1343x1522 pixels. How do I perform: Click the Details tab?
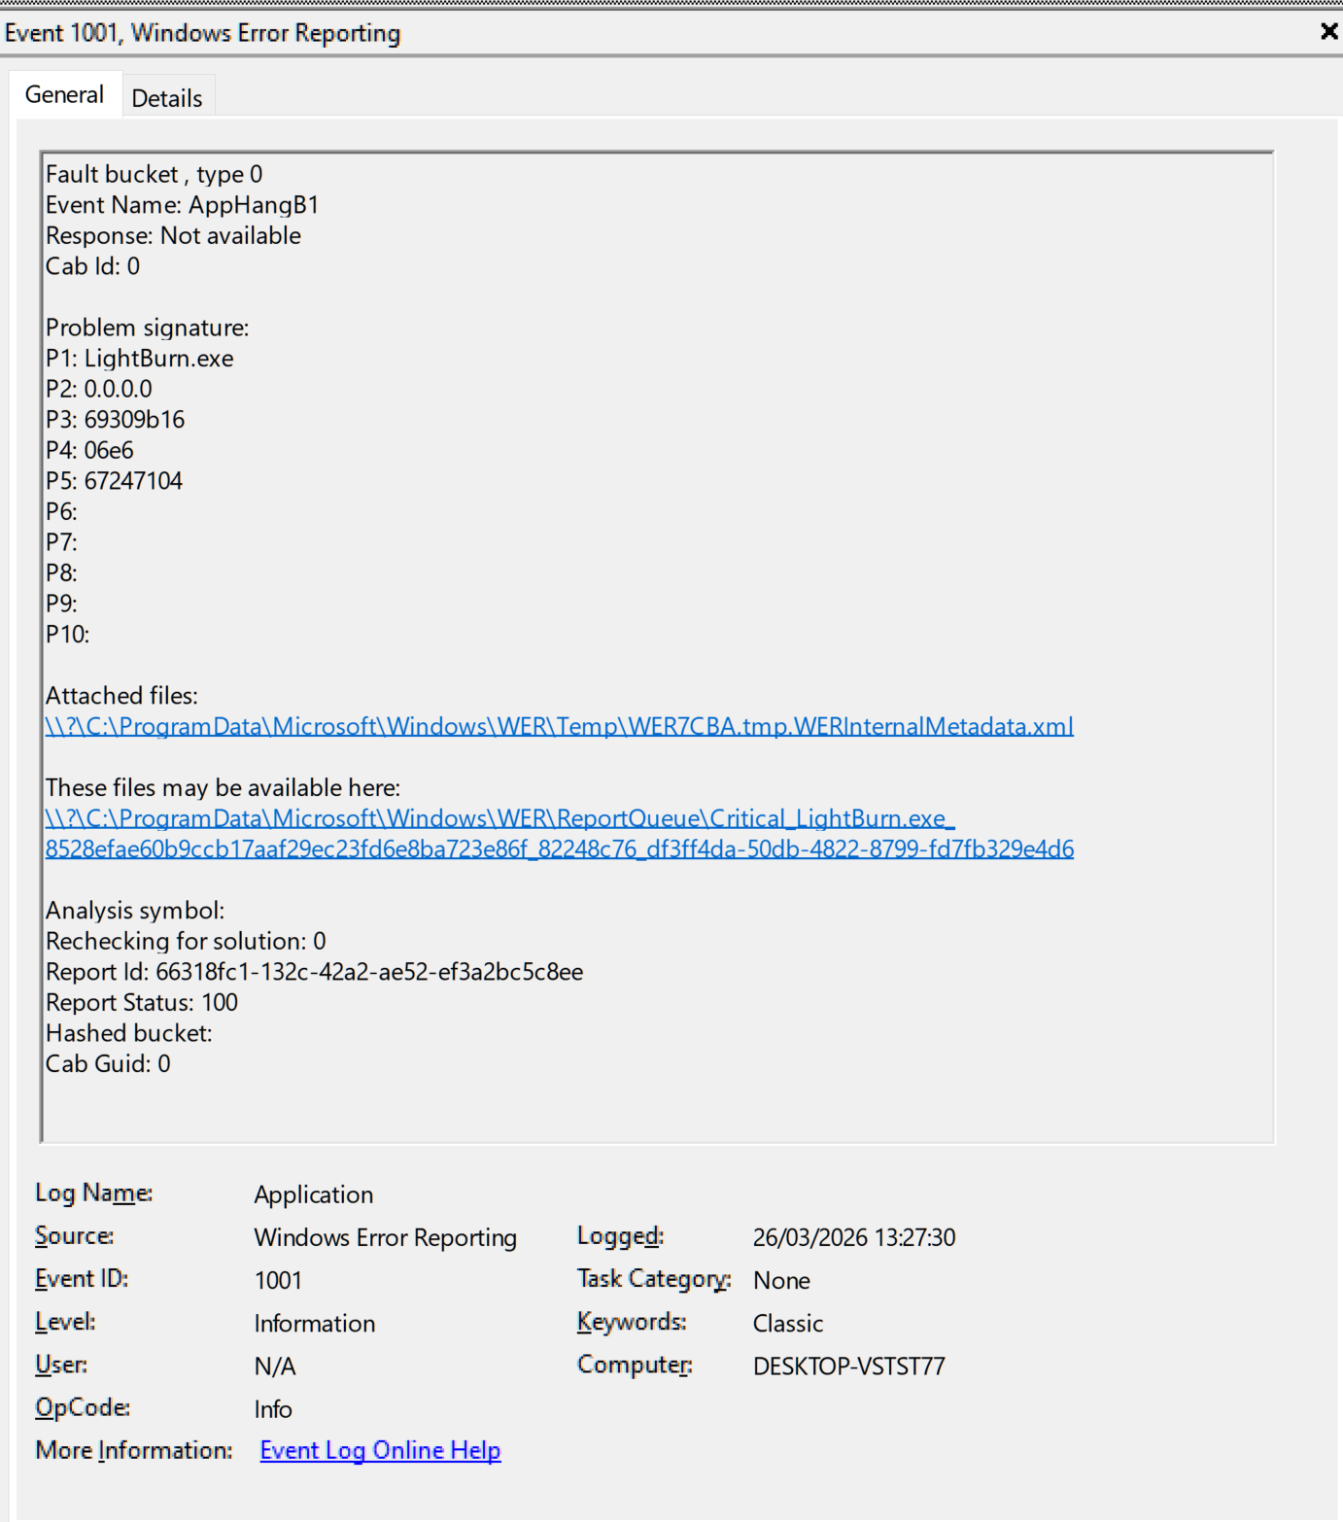click(167, 98)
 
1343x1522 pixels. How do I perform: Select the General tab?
click(64, 94)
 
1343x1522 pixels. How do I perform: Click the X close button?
click(1328, 32)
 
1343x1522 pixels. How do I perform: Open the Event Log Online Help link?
click(380, 1450)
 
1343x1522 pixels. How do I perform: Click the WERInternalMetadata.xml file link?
click(559, 726)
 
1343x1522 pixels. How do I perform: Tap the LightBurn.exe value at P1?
click(158, 359)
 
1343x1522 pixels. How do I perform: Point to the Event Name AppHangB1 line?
click(182, 205)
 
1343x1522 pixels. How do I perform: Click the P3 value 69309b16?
click(134, 420)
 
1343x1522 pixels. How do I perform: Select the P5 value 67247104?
click(133, 481)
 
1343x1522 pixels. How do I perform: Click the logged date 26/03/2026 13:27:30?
click(853, 1237)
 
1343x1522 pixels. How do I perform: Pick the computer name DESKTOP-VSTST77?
click(848, 1366)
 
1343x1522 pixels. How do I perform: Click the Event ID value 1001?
click(278, 1281)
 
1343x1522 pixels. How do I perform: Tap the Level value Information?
click(314, 1324)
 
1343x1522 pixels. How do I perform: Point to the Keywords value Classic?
click(787, 1324)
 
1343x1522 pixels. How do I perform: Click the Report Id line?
click(314, 972)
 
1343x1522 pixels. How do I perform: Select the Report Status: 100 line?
click(142, 1003)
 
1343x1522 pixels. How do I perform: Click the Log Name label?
click(93, 1193)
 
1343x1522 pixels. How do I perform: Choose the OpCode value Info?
click(273, 1409)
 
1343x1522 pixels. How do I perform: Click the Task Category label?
click(653, 1279)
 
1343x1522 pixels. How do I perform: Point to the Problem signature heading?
click(148, 328)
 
